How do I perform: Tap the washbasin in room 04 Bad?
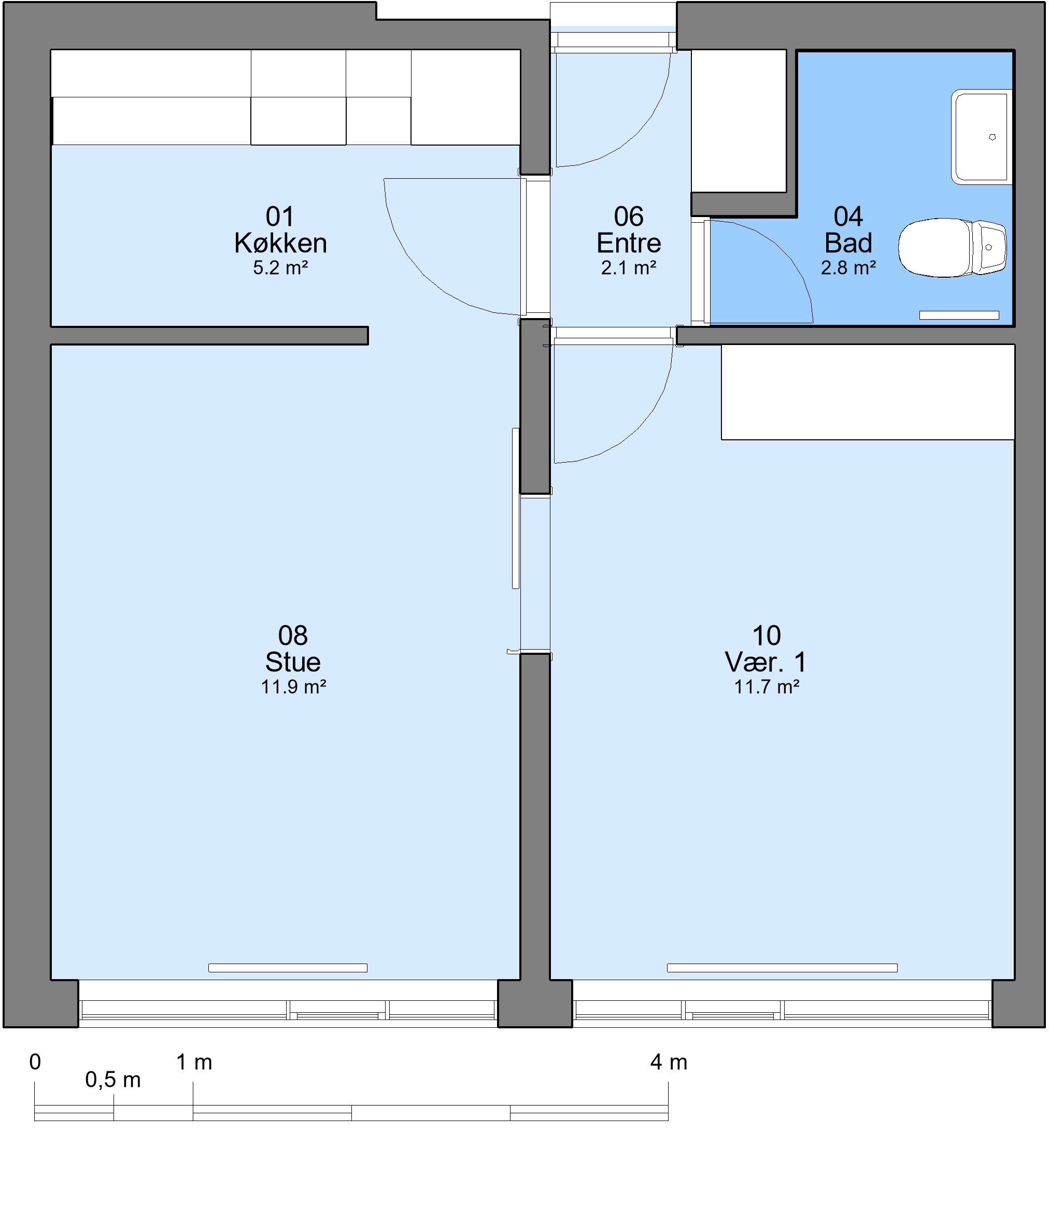981,137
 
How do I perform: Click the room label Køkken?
280,243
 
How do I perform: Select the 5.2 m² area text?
280,268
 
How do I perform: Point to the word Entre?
629,243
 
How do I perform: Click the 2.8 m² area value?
848,268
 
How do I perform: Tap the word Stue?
293,663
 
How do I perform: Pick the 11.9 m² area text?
293,687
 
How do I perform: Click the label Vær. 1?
766,663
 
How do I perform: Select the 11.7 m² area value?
767,687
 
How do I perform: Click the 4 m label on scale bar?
669,1062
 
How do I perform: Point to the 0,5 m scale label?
113,1080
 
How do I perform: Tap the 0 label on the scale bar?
35,1062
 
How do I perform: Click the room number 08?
293,636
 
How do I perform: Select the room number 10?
767,636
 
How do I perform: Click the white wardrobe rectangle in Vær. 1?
868,392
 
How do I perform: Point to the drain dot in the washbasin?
993,137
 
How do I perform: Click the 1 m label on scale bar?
194,1062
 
